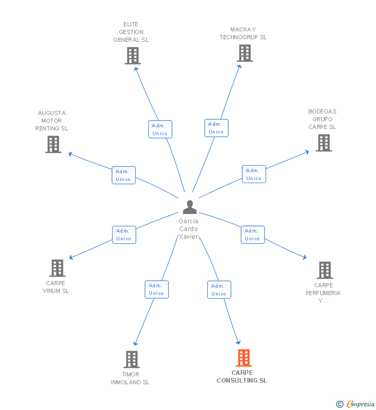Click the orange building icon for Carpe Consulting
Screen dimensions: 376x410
[244, 358]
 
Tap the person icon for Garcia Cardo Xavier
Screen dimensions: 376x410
[190, 207]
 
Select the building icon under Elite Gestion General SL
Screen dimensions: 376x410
[133, 56]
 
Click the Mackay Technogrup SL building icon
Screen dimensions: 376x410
[245, 53]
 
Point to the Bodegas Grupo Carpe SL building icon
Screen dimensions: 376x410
[324, 143]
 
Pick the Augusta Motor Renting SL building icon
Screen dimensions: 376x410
[53, 144]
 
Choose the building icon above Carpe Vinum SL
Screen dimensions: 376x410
[57, 268]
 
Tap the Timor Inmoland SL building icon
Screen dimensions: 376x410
[132, 359]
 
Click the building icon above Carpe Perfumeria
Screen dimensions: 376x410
[325, 270]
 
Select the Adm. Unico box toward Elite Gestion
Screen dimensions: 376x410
[160, 129]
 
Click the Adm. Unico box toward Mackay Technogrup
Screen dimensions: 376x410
[216, 128]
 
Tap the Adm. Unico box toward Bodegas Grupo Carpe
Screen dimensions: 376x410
[254, 174]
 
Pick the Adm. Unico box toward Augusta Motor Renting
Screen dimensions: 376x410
[123, 175]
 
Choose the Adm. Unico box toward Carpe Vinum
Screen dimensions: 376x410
[124, 235]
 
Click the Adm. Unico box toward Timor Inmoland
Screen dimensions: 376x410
[156, 289]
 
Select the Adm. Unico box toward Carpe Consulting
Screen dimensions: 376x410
[219, 290]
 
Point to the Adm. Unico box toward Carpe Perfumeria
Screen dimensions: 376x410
[253, 235]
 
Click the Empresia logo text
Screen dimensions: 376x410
[361, 404]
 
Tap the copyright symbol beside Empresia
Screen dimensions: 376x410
[340, 404]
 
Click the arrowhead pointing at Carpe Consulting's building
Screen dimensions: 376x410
[238, 342]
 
